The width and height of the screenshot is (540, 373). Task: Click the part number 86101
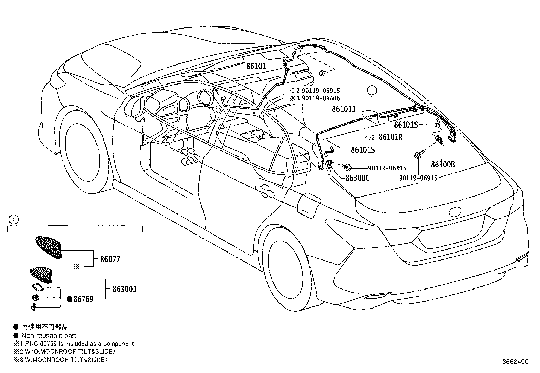click(x=256, y=67)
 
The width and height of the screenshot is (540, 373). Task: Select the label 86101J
click(x=344, y=109)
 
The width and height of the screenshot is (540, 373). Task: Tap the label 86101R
click(x=390, y=137)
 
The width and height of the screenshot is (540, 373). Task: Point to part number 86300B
click(x=443, y=165)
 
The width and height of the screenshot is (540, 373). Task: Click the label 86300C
click(x=358, y=178)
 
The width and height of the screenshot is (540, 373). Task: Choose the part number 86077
click(x=110, y=259)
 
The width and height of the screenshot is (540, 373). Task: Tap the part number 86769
click(x=83, y=299)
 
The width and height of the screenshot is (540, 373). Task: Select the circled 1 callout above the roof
click(x=372, y=91)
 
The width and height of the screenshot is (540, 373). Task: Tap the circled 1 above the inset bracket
click(x=13, y=220)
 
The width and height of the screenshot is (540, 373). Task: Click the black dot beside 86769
click(x=70, y=299)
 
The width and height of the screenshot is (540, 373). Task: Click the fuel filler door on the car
click(x=308, y=205)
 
